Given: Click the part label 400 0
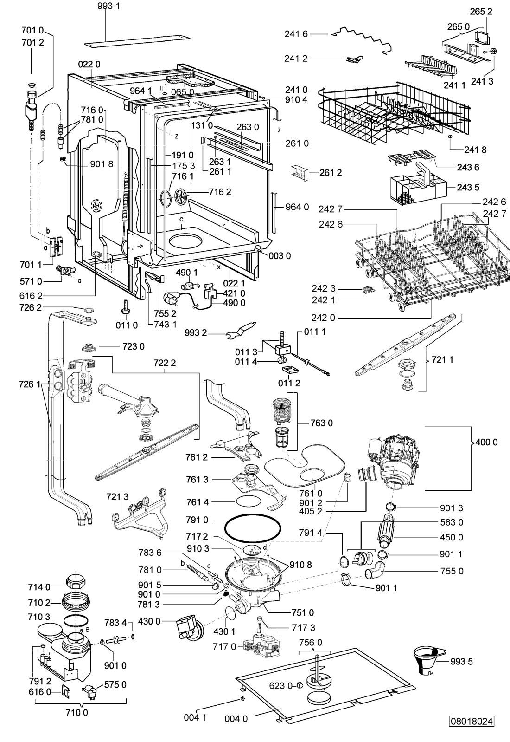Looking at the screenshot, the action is (486, 442).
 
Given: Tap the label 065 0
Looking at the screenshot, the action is (183, 91).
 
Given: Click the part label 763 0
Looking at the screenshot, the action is (322, 423).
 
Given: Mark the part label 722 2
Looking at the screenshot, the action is (165, 363).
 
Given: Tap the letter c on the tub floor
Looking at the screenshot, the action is (182, 219).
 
